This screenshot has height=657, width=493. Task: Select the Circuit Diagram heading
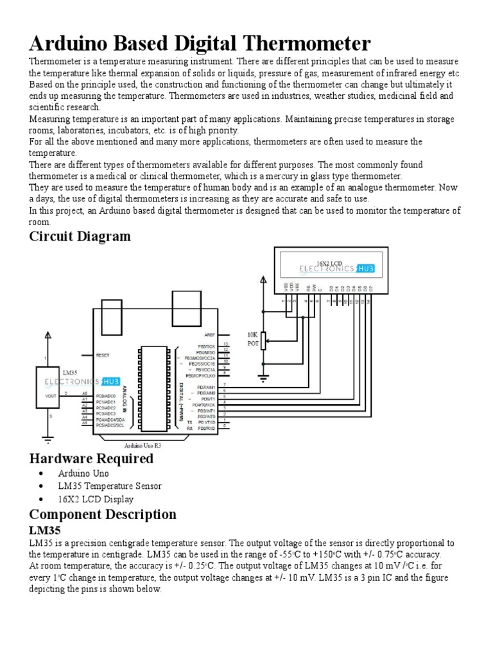click(80, 236)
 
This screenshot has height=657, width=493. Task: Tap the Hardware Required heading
click(91, 458)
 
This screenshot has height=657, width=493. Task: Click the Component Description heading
click(103, 514)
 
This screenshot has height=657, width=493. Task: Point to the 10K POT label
click(252, 339)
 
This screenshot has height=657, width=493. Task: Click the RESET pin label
click(103, 355)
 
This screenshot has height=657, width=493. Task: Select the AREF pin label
click(209, 335)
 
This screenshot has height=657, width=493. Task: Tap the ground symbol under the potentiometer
click(263, 378)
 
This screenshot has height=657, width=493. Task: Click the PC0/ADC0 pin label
click(106, 397)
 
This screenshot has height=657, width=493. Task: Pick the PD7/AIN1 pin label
click(206, 388)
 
